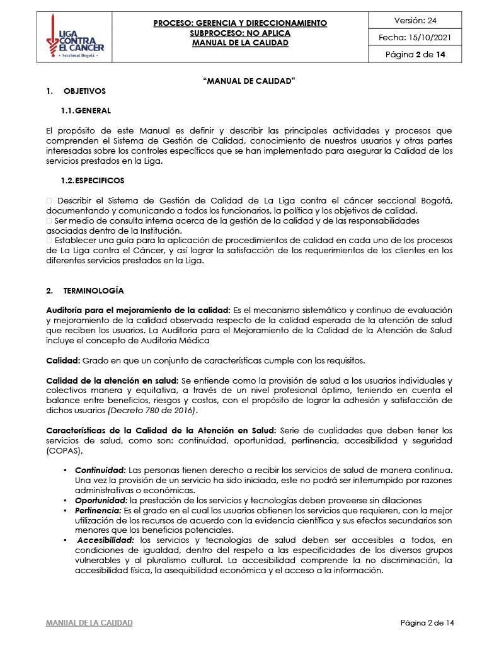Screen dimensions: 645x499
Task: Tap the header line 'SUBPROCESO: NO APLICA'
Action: click(x=240, y=33)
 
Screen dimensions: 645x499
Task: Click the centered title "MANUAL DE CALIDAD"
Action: click(x=249, y=81)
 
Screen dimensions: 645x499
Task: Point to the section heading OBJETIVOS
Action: click(x=84, y=91)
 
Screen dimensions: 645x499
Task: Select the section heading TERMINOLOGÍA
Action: click(x=93, y=291)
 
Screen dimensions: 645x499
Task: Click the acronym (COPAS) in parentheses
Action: click(x=64, y=451)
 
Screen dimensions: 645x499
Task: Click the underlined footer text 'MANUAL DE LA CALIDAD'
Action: click(x=89, y=623)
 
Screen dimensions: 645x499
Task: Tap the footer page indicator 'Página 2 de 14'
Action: click(x=427, y=623)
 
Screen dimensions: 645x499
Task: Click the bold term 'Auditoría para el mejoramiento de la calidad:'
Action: click(x=139, y=311)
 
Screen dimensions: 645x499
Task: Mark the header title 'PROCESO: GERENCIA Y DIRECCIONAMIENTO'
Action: click(x=240, y=23)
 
